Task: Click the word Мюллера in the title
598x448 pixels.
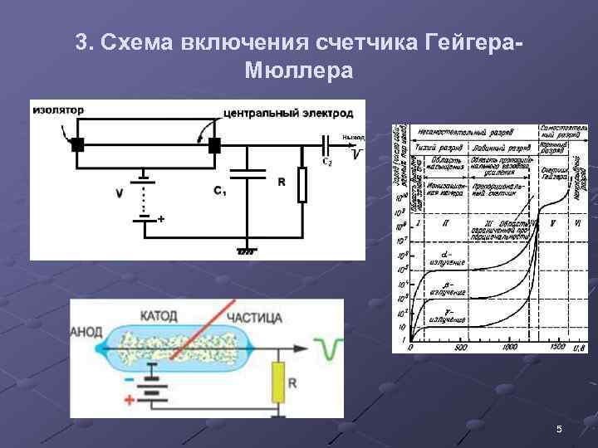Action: point(299,70)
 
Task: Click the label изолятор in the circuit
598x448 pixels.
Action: point(58,109)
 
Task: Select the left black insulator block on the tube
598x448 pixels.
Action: point(77,145)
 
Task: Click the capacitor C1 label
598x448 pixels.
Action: point(220,192)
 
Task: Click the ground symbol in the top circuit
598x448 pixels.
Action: point(247,250)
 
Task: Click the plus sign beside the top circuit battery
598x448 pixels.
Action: point(160,218)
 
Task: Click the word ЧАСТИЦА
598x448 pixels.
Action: point(254,317)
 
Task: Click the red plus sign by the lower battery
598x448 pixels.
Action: point(129,400)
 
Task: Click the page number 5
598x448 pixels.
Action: point(559,429)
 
